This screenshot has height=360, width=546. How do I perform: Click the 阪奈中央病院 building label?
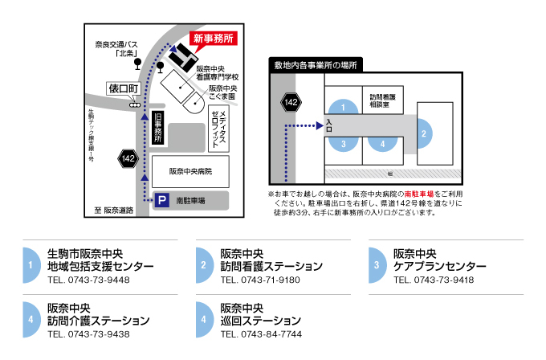click(x=189, y=172)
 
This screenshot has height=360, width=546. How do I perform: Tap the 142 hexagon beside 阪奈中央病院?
click(x=128, y=159)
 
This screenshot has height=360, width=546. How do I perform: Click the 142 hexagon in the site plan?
click(x=291, y=102)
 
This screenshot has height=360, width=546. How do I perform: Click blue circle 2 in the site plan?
click(x=424, y=132)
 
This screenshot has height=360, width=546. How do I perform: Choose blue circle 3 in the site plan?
click(x=344, y=145)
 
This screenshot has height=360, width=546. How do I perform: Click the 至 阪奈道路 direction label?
click(x=112, y=211)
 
